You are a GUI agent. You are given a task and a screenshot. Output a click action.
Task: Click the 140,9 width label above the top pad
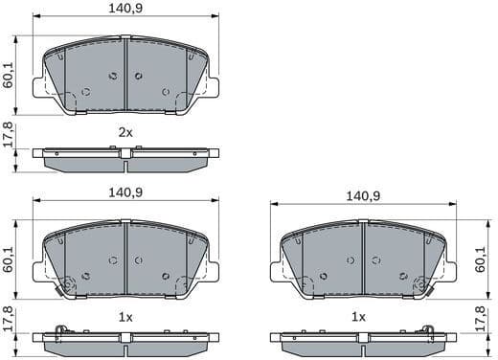pyautogui.click(x=126, y=9)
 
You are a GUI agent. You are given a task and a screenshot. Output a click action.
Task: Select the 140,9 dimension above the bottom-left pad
pyautogui.click(x=126, y=191)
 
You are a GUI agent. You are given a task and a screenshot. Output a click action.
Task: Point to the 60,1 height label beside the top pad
pyautogui.click(x=9, y=75)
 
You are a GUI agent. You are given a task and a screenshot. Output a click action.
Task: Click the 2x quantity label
pyautogui.click(x=125, y=131)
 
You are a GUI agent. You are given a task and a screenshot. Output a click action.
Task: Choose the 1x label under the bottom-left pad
pyautogui.click(x=125, y=315)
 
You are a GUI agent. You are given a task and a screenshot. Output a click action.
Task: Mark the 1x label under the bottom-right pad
pyautogui.click(x=359, y=315)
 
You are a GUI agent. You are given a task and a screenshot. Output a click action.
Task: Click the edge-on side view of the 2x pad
pyautogui.click(x=126, y=158)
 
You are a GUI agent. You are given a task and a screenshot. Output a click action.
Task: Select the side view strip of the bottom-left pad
pyautogui.click(x=126, y=341)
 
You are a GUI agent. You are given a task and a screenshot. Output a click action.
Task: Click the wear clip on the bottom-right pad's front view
pyautogui.click(x=419, y=284)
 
